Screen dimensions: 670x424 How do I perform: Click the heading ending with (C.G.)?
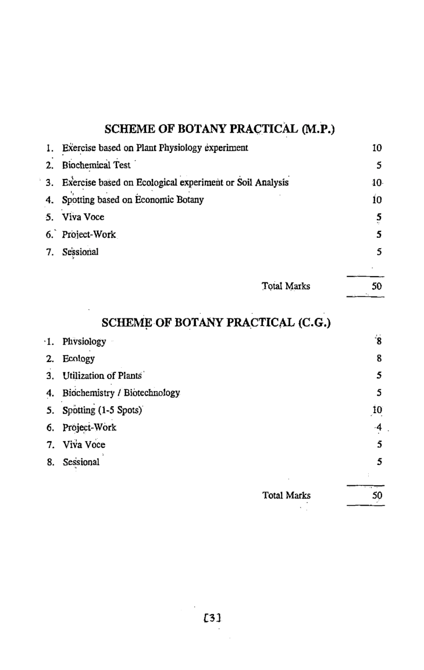tap(216, 322)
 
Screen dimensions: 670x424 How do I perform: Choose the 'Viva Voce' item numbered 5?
tap(83, 218)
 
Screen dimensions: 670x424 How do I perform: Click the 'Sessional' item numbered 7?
tap(80, 253)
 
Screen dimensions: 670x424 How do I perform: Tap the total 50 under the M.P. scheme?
tap(376, 286)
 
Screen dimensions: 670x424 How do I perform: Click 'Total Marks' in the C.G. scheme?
tap(286, 496)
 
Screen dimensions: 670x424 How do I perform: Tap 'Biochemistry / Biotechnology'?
tap(121, 393)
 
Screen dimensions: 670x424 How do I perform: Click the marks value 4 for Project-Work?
tap(378, 428)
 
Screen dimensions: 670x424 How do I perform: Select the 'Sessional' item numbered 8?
tap(81, 463)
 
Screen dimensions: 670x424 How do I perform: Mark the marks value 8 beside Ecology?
tap(379, 359)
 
